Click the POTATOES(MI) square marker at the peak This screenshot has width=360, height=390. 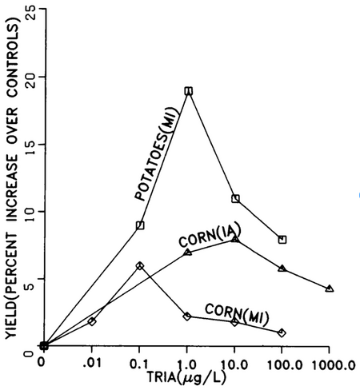188,91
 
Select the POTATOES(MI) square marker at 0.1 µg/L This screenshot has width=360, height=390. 140,225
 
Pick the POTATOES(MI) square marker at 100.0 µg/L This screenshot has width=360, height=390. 282,239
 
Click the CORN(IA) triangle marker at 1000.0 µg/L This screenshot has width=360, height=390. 330,288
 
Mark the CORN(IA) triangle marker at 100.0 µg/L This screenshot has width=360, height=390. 282,269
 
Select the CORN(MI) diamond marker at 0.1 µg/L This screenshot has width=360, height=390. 140,265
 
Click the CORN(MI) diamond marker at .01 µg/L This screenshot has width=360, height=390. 92,321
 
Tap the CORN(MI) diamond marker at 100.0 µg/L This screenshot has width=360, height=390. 282,332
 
